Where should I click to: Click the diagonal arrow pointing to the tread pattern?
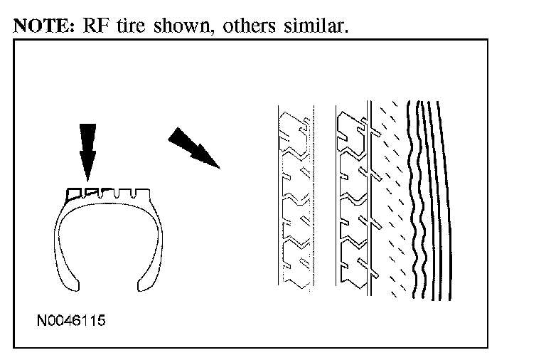(x=194, y=147)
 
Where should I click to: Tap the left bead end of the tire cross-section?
(x=70, y=285)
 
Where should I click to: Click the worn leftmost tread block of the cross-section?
(x=73, y=192)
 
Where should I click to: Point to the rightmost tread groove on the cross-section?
(x=143, y=192)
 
